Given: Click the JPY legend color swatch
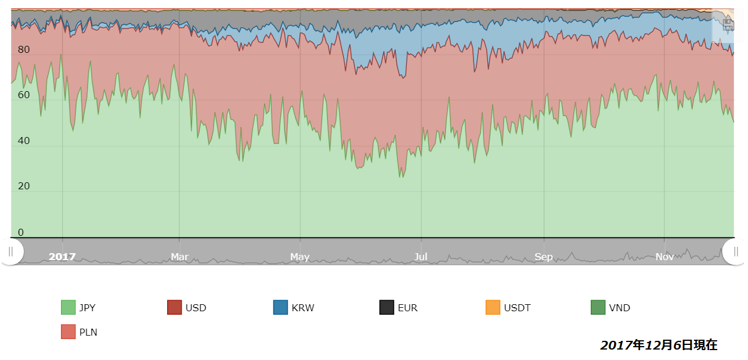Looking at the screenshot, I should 68,308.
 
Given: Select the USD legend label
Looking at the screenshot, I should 196,308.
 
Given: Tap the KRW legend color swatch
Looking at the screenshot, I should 281,308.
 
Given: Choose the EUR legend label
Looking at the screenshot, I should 407,308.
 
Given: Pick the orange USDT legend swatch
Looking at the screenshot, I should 493,308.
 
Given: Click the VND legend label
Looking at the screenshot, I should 619,308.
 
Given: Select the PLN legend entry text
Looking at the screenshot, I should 88,332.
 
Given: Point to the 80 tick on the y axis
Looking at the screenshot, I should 24,50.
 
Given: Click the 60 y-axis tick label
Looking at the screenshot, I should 24,95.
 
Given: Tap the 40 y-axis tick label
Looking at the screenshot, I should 24,141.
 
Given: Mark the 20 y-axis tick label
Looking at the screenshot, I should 24,186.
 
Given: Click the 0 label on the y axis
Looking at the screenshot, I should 21,232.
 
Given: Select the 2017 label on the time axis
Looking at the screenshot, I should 62,257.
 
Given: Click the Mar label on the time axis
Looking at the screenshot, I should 179,257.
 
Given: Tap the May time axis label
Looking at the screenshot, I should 300,257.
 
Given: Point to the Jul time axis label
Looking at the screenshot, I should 421,257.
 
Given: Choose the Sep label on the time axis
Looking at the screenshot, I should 544,257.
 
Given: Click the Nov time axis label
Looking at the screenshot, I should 664,257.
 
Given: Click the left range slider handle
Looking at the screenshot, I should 11,251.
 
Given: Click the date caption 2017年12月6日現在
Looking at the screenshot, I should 659,345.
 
